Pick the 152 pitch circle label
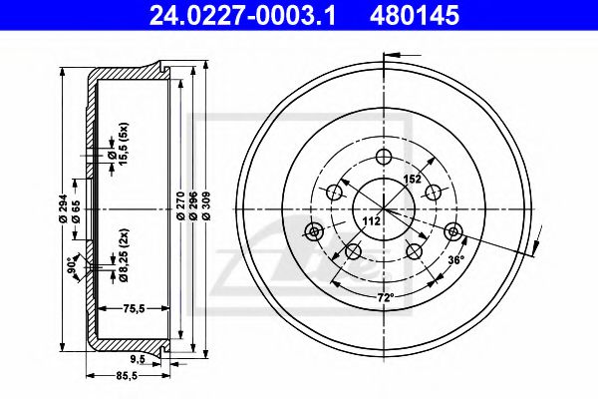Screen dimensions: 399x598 coord(411,181)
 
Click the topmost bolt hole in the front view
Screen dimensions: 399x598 coord(384,157)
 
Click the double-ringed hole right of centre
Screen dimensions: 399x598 coord(455,232)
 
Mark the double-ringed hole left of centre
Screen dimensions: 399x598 coord(313,232)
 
